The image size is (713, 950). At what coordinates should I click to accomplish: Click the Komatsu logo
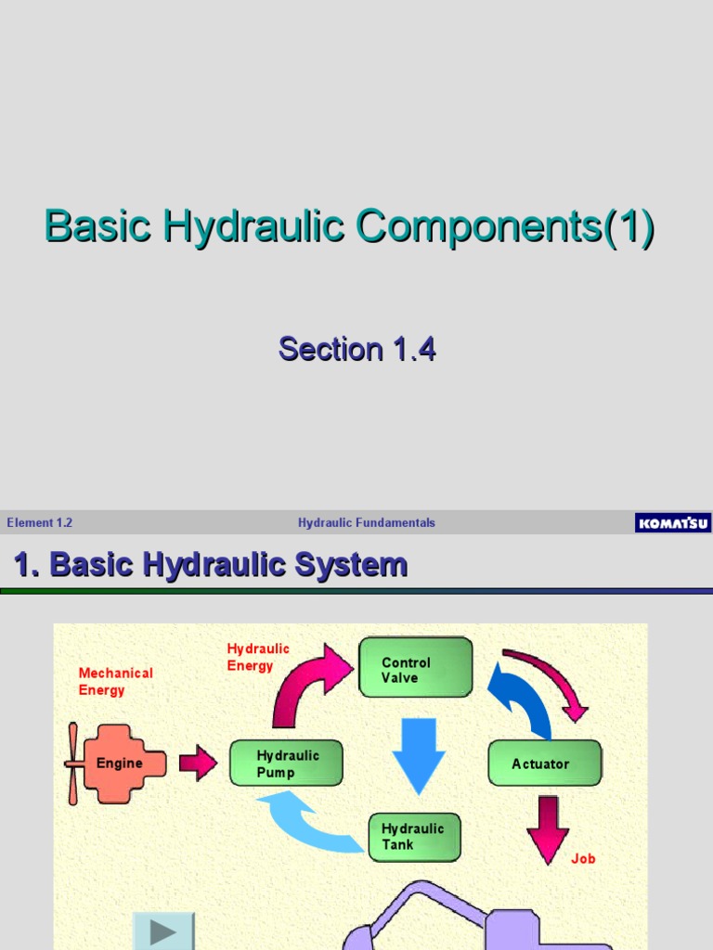point(673,523)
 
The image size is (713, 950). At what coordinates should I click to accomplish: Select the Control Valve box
point(415,667)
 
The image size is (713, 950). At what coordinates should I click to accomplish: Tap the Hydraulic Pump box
point(286,764)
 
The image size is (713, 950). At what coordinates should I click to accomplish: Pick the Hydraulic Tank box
point(414,837)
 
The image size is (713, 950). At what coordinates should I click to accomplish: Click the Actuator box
point(544,764)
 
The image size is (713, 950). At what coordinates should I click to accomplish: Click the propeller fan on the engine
point(72,764)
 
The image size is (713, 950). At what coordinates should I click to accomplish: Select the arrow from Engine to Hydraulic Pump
point(198,764)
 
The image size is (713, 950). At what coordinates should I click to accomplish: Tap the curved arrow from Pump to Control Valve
point(306,682)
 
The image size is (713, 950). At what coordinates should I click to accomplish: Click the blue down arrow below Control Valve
point(420,751)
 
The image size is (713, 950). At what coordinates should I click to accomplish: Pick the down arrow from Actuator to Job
point(548,826)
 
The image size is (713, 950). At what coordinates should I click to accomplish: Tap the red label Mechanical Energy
point(115,681)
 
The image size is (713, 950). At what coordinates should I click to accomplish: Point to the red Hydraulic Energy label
point(258,657)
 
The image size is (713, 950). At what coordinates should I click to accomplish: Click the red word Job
point(583,859)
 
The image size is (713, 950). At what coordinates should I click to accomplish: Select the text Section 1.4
point(356,350)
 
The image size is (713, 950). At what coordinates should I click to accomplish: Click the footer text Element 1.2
point(40,523)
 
